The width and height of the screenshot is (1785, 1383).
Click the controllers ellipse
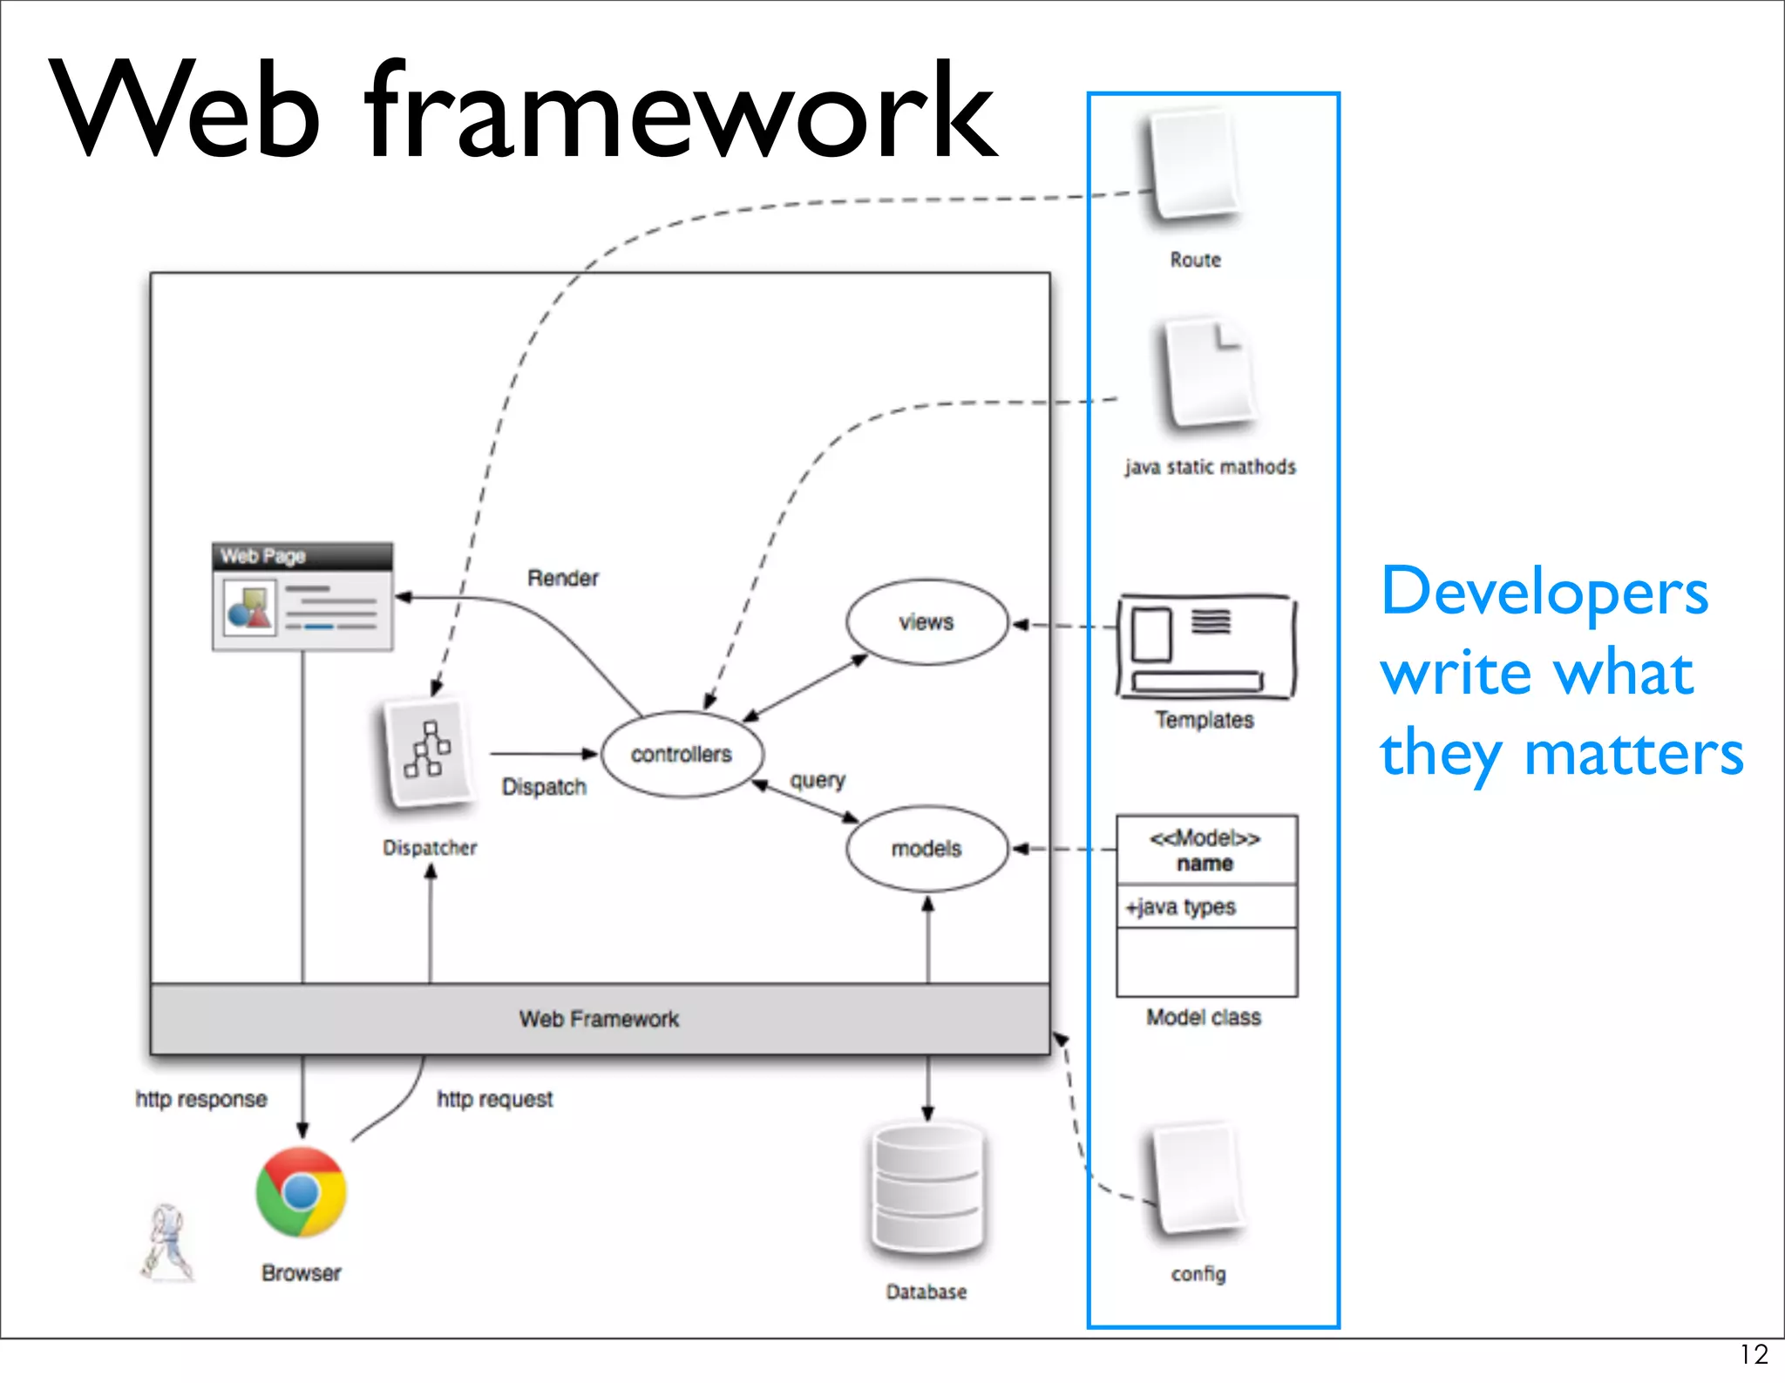682,754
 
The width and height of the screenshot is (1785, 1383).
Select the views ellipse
926,622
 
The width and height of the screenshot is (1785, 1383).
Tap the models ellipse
926,848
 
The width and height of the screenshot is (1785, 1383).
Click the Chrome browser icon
302,1191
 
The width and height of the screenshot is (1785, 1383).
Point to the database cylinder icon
927,1189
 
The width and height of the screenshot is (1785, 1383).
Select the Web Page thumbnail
302,597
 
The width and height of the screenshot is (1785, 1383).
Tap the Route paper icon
1195,165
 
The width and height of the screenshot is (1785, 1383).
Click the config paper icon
1198,1180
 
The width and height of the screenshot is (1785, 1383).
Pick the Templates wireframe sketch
1206,647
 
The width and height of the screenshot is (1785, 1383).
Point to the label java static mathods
1210,467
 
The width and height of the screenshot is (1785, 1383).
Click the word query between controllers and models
818,780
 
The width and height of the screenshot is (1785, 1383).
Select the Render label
563,579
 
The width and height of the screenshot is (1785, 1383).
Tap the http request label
495,1100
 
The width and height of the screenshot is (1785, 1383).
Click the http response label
201,1100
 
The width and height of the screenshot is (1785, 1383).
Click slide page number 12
1754,1354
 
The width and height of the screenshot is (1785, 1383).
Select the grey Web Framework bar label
600,1020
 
